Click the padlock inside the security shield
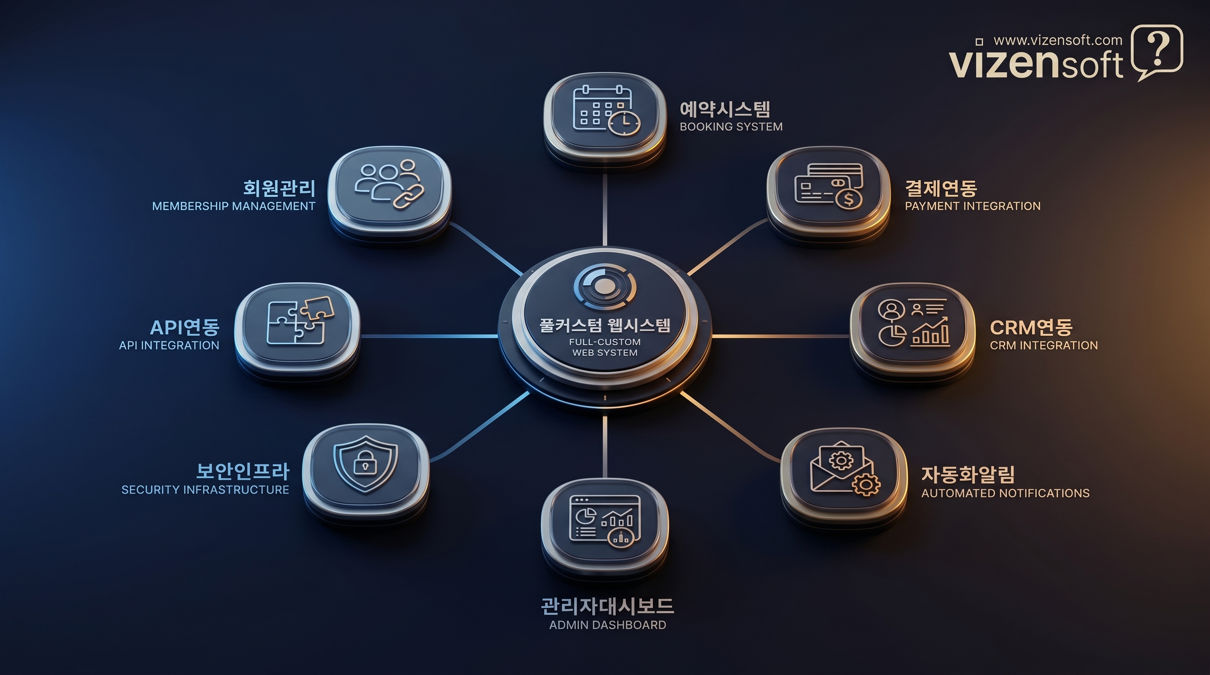tap(365, 465)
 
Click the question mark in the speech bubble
tap(1157, 50)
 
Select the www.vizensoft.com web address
tap(1058, 40)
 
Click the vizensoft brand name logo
tap(1035, 64)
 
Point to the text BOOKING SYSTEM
tap(731, 127)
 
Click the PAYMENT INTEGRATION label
tap(972, 206)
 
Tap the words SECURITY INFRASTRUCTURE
tap(205, 490)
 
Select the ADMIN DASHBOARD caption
tap(607, 625)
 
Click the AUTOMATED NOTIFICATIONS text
tap(1005, 493)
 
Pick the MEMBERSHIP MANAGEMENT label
tap(233, 206)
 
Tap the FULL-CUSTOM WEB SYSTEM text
tap(605, 347)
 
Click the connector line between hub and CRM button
tap(780, 336)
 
